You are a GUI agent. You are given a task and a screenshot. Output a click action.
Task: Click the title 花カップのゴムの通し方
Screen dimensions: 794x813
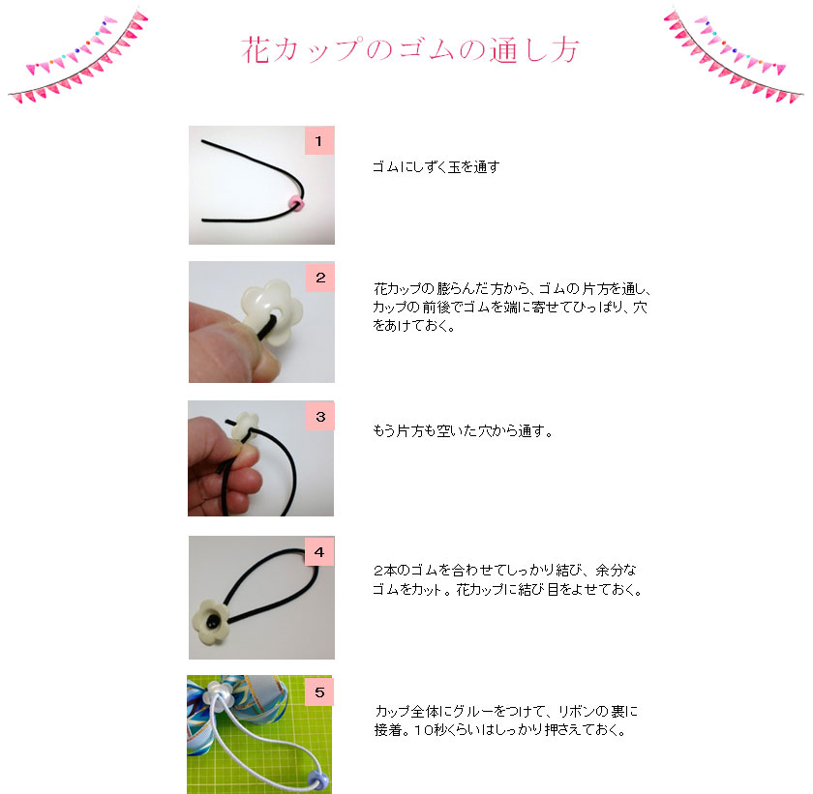(x=409, y=50)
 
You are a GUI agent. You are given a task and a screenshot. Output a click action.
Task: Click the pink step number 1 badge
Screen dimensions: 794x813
(x=318, y=140)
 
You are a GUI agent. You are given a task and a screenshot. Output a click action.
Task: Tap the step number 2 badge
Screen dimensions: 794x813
(x=319, y=277)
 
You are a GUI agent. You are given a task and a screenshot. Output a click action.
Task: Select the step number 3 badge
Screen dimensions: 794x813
(x=319, y=416)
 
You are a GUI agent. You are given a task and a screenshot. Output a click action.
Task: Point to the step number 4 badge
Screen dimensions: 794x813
(x=318, y=551)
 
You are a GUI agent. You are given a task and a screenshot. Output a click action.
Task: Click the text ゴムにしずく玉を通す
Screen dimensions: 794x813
(x=436, y=167)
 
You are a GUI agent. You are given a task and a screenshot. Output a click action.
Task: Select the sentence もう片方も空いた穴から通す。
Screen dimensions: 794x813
(x=463, y=431)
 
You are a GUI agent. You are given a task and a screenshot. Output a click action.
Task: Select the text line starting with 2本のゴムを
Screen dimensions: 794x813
(x=504, y=571)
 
